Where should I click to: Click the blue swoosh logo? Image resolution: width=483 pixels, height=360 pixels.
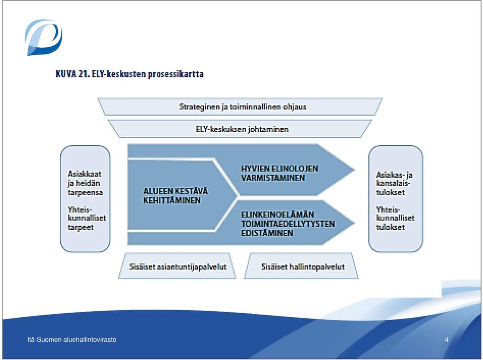43,37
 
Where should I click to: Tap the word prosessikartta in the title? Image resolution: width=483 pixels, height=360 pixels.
176,74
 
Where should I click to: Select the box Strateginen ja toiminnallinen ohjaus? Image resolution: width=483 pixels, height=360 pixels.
240,107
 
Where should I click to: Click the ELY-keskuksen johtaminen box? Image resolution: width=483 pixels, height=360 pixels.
240,129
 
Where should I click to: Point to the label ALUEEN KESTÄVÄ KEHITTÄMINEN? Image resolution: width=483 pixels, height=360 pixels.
176,196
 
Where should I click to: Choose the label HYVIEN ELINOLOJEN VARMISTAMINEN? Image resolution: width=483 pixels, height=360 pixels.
280,173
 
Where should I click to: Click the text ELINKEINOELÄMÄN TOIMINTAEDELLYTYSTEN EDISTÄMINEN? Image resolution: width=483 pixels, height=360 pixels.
288,223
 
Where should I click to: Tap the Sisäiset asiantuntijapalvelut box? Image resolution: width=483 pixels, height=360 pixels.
178,266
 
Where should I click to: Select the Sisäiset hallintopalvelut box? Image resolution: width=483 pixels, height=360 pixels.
301,266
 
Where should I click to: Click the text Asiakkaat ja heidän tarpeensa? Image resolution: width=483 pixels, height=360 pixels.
85,183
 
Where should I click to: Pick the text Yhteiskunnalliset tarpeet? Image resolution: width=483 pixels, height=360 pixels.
87,218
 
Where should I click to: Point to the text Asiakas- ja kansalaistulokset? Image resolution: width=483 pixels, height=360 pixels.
394,183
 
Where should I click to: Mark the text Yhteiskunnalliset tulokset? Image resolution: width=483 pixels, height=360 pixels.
395,218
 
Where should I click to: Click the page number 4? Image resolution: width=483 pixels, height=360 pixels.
447,340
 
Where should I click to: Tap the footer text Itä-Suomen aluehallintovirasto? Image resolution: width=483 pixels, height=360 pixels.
72,340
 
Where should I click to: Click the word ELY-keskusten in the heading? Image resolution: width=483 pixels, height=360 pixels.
119,74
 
